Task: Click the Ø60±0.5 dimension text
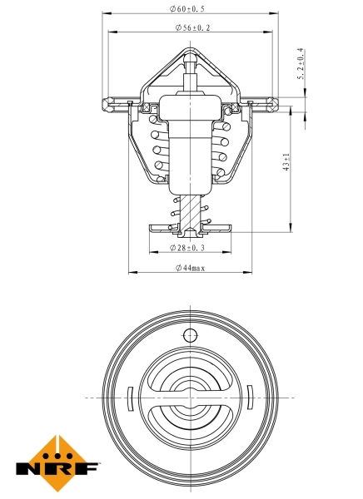191,10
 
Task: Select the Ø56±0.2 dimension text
191,27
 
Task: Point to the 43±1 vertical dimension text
286,163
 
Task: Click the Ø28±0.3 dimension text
190,248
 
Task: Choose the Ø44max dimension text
190,268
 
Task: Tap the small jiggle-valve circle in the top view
190,336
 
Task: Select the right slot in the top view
251,398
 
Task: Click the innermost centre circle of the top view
190,398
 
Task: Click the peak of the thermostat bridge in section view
190,52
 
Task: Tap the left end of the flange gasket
107,104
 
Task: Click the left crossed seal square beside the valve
147,108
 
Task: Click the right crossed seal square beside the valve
232,108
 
